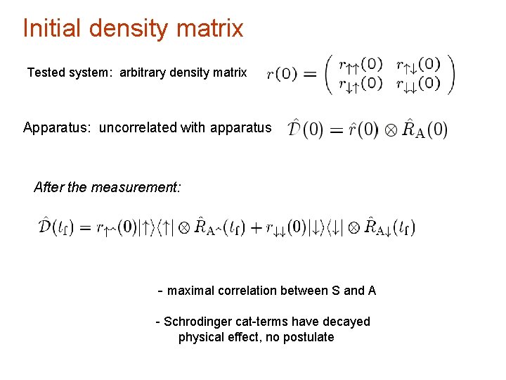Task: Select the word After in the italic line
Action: pos(48,187)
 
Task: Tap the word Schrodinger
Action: pos(197,322)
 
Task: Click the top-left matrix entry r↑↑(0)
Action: pos(361,65)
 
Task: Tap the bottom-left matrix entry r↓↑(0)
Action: pos(361,84)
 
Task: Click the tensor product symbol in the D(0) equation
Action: pos(390,131)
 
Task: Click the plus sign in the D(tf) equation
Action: pos(257,227)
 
